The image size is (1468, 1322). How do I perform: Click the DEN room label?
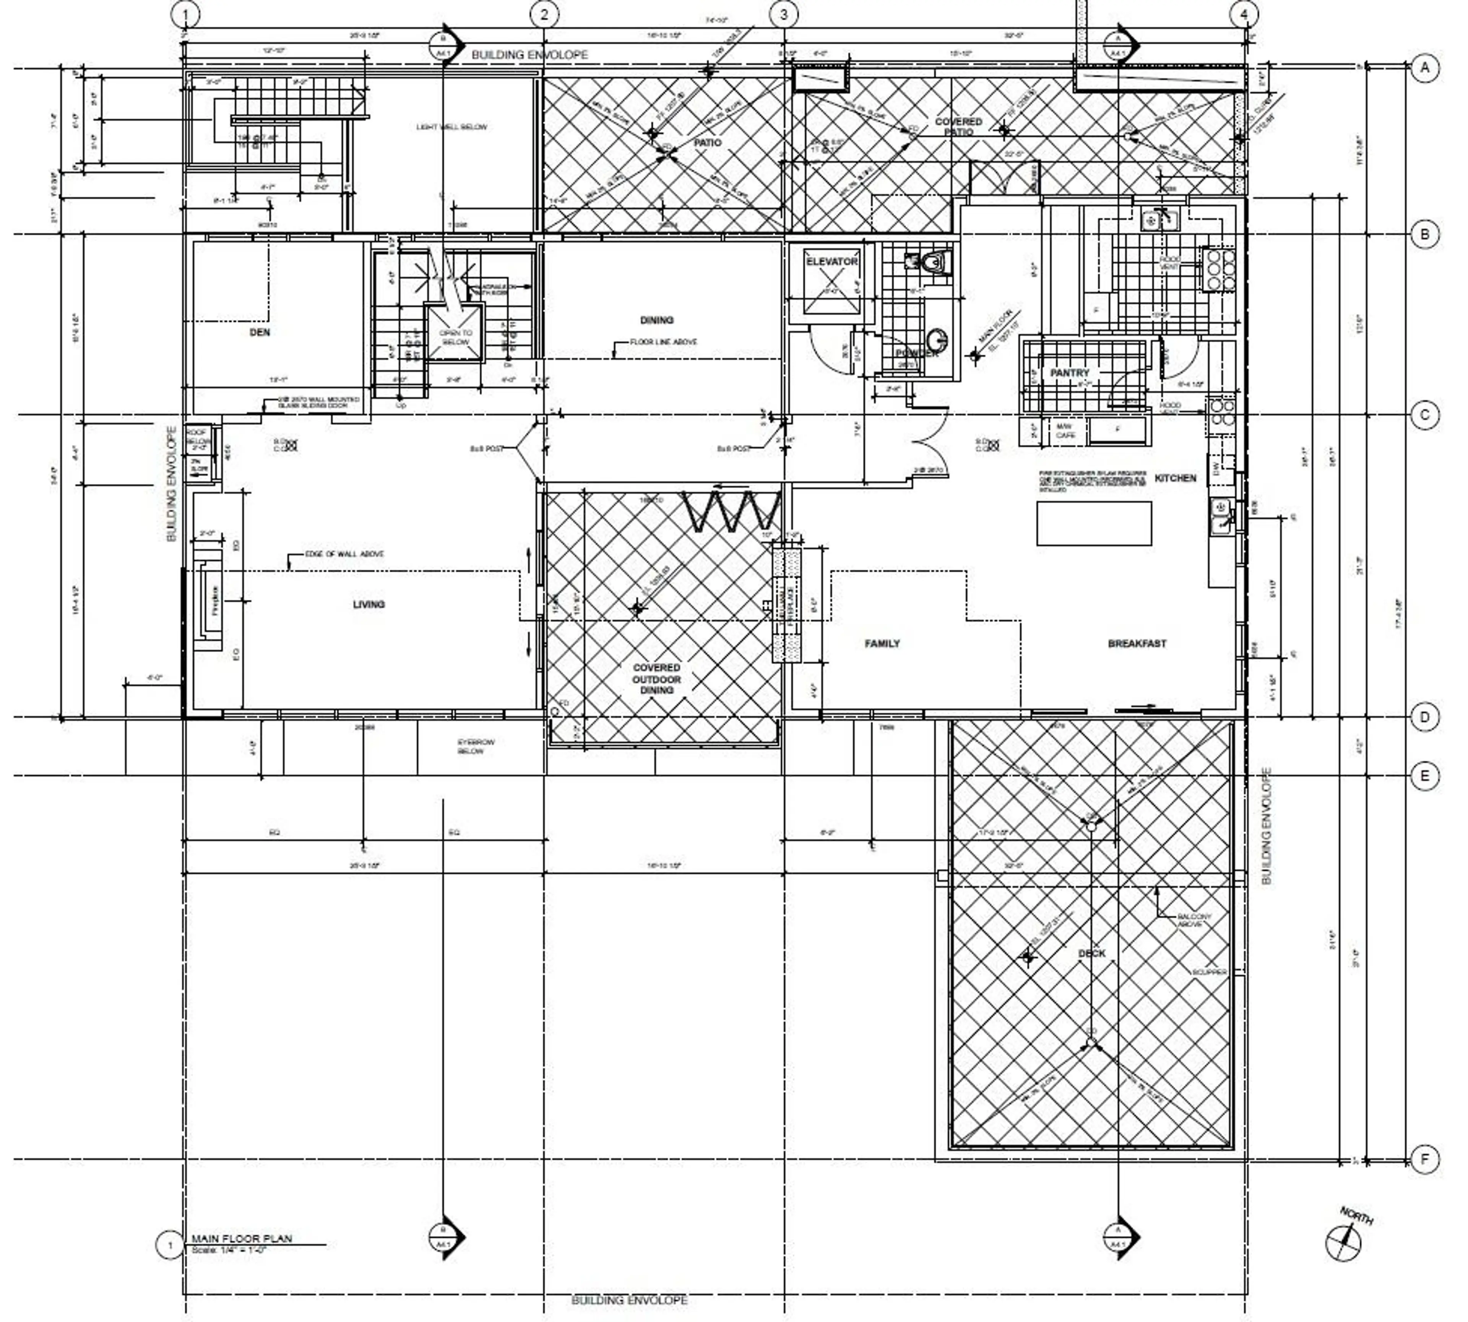tap(259, 332)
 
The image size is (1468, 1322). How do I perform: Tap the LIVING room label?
tap(368, 604)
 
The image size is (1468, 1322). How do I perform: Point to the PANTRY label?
tap(1069, 373)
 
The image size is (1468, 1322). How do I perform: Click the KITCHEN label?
tap(1174, 478)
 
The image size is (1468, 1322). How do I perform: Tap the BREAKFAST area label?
tap(1137, 643)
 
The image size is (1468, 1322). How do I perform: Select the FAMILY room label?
tap(882, 643)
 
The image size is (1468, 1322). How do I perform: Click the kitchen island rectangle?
tap(1093, 523)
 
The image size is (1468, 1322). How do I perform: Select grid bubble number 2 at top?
tap(545, 14)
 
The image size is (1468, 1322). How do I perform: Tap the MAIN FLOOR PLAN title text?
tap(241, 1239)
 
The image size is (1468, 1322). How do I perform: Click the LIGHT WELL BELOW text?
tap(451, 127)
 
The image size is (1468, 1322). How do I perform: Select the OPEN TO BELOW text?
tap(455, 337)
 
